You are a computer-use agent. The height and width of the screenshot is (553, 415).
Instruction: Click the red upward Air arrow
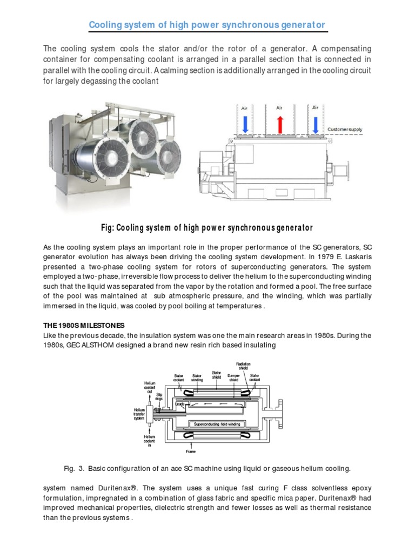[279, 122]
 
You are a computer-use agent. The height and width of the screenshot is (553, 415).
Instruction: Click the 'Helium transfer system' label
[139, 414]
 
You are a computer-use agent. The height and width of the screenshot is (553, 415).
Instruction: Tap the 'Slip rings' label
[159, 397]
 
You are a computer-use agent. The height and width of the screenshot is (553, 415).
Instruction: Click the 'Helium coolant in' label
[150, 440]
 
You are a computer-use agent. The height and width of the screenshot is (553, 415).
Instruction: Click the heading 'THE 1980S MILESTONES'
[84, 325]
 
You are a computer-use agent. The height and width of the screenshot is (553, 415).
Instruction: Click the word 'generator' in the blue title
[301, 25]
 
